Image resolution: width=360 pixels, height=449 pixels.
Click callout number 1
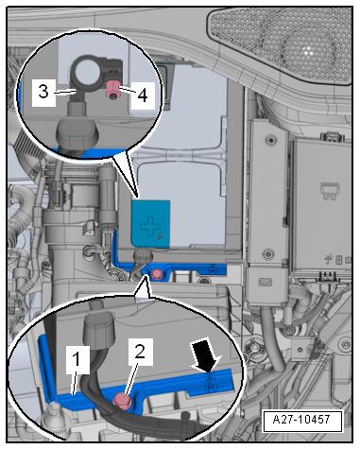pos(77,359)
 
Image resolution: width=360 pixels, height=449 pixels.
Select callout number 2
pos(140,351)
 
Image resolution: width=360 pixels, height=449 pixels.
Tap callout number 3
pos(43,92)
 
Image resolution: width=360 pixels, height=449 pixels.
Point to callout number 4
pos(143,95)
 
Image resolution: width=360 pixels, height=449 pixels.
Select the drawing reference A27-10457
pos(301,420)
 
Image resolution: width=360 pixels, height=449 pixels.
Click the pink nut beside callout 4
pos(112,89)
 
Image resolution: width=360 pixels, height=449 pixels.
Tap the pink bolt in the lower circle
pos(123,401)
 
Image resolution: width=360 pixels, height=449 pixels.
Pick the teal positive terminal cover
pos(151,223)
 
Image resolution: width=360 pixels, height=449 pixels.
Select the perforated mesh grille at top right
pos(281,44)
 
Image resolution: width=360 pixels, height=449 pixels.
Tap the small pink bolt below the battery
pos(157,274)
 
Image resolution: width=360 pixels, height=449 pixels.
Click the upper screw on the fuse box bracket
pos(269,140)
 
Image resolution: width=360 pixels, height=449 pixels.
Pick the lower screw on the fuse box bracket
pos(268,253)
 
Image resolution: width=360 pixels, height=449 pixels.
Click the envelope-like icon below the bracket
pos(266,282)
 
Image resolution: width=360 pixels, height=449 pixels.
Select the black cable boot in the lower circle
pos(97,329)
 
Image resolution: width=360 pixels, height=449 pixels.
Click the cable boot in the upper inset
pos(77,136)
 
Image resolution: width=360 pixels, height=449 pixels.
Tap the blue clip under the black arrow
pos(212,382)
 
